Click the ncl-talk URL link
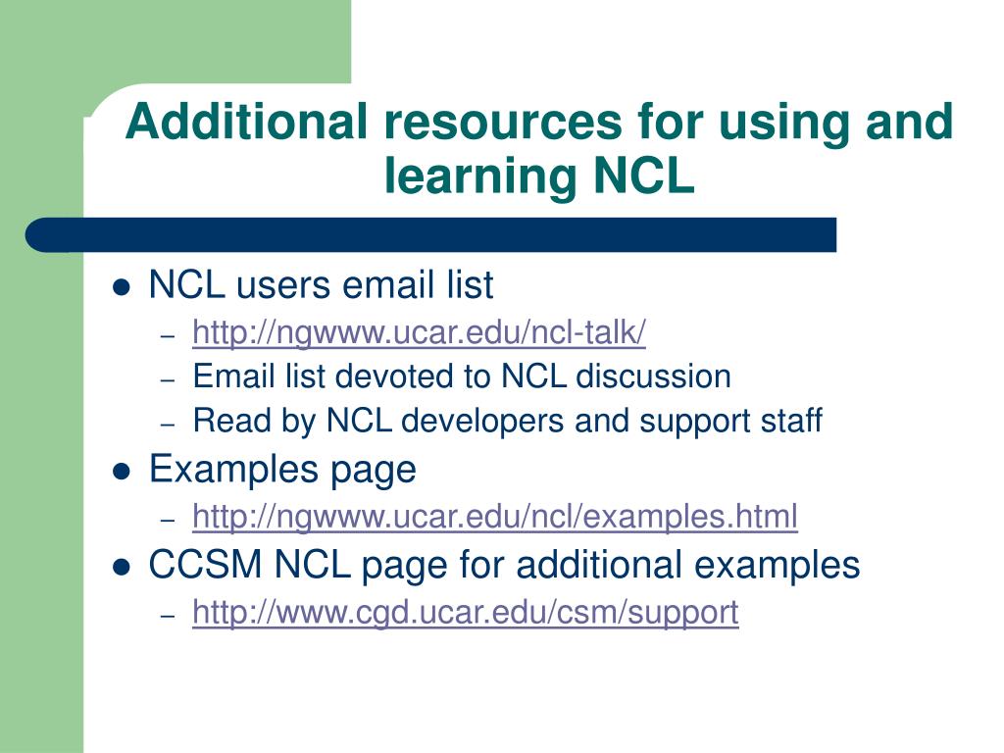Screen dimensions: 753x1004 419,333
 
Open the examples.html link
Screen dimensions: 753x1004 494,516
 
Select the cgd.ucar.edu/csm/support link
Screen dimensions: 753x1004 465,613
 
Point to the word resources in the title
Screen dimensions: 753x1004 503,123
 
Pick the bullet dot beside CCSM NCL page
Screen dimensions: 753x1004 122,567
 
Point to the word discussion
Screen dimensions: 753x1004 653,376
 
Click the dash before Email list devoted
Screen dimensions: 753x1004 168,379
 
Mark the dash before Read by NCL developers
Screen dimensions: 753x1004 168,425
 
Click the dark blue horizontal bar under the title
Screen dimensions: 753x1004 431,235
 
